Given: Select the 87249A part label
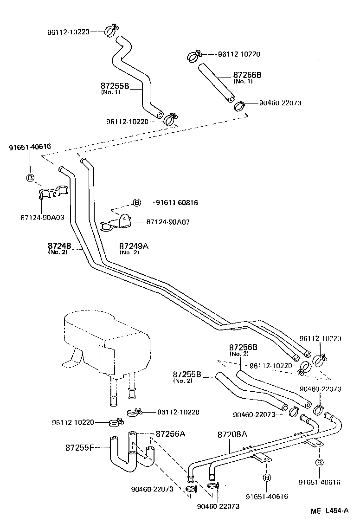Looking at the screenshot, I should pos(134,246).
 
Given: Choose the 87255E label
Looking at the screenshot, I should pos(79,447).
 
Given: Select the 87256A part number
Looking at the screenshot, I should pos(170,434).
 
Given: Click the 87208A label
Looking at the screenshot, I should pos(232,434).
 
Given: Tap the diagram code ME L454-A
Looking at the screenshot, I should pos(330,511).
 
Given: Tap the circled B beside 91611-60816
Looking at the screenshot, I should pos(137,203).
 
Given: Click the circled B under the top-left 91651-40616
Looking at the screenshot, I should pos(30,178).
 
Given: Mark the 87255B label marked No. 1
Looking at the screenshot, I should pos(115,86).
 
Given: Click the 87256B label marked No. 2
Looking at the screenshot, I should pos(243,347).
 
